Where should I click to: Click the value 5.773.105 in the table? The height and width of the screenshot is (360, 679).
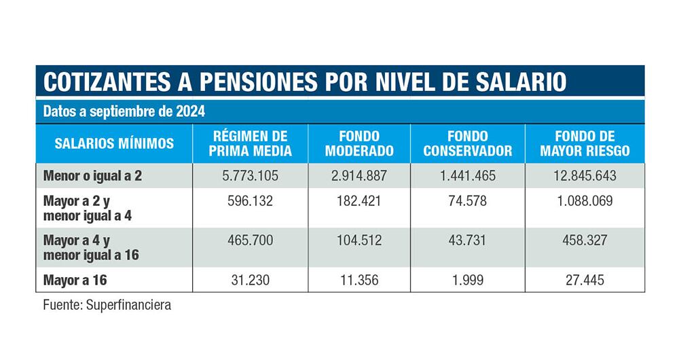(251, 176)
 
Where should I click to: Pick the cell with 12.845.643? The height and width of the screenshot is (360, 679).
(585, 176)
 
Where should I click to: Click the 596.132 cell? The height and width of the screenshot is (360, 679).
(251, 202)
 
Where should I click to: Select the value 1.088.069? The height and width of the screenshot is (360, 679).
(585, 202)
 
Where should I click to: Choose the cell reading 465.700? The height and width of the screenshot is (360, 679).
(251, 240)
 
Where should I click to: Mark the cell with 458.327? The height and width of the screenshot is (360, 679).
(585, 240)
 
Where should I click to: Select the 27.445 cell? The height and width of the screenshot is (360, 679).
(585, 279)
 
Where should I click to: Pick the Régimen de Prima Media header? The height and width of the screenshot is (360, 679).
(251, 143)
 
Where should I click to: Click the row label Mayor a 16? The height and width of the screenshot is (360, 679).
(75, 279)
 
